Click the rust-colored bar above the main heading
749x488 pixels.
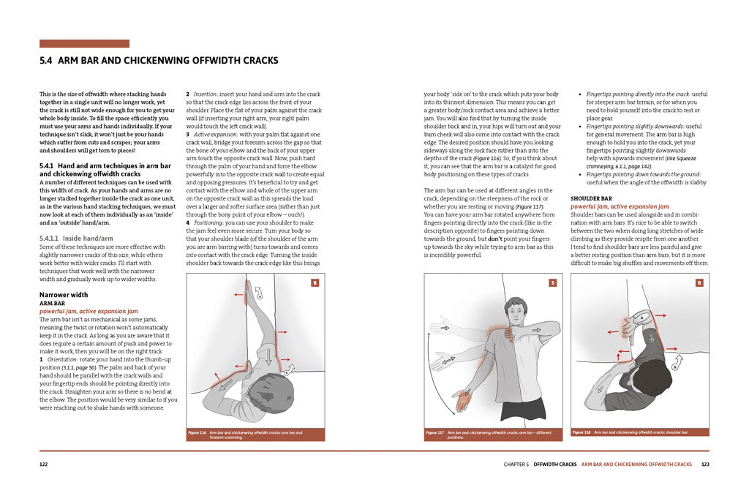point(84,44)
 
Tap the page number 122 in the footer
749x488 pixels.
point(45,464)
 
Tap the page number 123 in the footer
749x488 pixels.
point(704,464)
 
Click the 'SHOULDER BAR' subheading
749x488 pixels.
point(591,199)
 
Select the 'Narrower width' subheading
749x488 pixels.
point(64,295)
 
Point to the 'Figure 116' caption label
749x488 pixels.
point(197,432)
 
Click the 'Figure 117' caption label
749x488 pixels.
point(434,432)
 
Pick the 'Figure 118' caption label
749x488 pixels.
point(581,432)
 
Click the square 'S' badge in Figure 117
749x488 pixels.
point(553,282)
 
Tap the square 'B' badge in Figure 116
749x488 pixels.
point(315,282)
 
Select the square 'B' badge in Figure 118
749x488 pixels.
point(699,282)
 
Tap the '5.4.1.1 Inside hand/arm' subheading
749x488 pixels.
point(76,238)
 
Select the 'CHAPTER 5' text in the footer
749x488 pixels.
point(516,464)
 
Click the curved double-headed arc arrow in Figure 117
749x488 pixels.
point(430,366)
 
